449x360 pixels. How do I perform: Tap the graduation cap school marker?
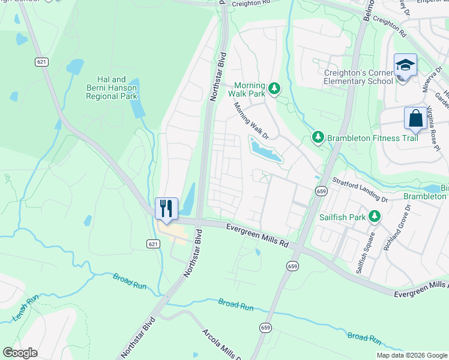point(405,65)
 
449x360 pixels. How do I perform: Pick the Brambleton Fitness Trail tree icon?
point(318,139)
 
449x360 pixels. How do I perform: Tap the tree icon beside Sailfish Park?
point(375,215)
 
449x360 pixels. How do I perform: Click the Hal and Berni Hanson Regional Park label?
point(112,88)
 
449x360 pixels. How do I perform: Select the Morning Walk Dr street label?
point(250,121)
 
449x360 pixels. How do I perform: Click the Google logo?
point(20,353)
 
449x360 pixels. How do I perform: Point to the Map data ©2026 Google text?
point(411,355)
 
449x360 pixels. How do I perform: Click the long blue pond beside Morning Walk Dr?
point(265,149)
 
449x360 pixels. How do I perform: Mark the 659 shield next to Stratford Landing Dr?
point(321,191)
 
